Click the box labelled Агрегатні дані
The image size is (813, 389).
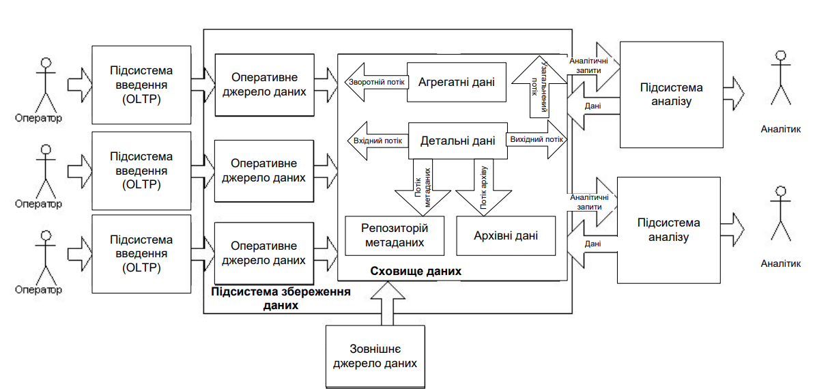click(x=457, y=82)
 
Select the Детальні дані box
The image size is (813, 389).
click(x=457, y=141)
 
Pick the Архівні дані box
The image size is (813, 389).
click(x=506, y=236)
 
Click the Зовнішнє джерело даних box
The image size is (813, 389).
click(x=375, y=356)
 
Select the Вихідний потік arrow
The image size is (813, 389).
click(x=537, y=141)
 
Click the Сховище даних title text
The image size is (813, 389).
click(x=416, y=271)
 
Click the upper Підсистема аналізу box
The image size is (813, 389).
click(x=672, y=94)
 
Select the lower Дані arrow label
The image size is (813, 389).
click(x=593, y=244)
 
